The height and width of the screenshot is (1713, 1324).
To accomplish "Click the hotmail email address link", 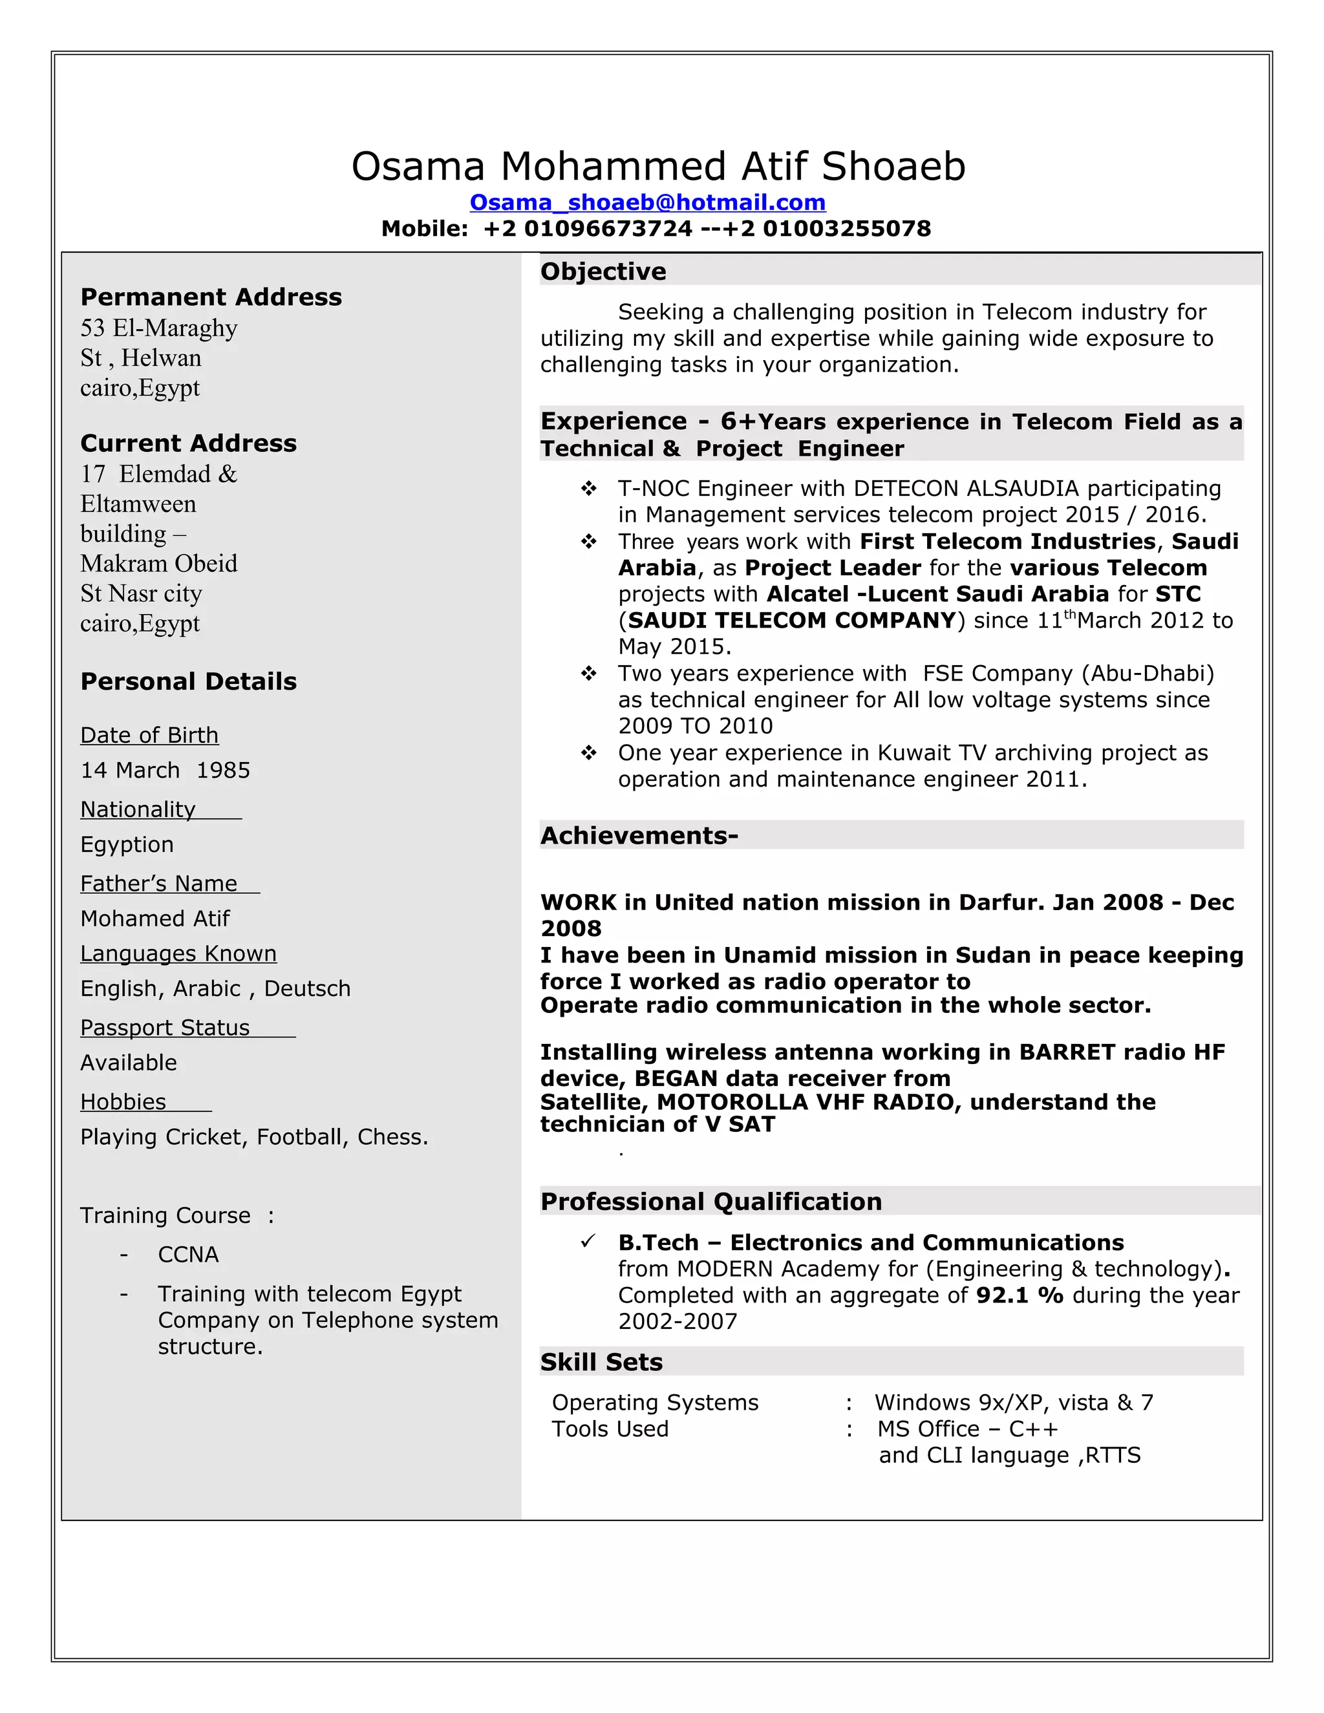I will click(647, 202).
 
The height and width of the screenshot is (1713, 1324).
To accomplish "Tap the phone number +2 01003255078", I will click(846, 229).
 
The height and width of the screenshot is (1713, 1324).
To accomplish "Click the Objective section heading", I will click(603, 271).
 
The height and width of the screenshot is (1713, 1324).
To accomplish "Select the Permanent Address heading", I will click(211, 297).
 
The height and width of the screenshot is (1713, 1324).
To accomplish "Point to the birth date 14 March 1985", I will click(165, 771).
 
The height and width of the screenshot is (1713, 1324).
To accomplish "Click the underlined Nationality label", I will click(138, 809).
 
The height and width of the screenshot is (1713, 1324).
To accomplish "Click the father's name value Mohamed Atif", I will click(155, 919).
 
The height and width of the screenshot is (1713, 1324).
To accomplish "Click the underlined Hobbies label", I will click(123, 1102).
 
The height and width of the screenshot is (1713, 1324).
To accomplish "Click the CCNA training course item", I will click(188, 1255).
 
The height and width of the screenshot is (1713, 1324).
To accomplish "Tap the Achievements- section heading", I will click(639, 836).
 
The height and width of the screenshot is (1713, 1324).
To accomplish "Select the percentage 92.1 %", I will click(1019, 1295).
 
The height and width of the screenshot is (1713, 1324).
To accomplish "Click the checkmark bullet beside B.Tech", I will click(588, 1242).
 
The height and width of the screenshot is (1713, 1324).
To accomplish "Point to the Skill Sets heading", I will click(601, 1363).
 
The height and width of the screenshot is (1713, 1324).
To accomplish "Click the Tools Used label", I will click(610, 1429).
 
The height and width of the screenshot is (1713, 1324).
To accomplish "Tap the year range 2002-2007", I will click(677, 1322).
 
